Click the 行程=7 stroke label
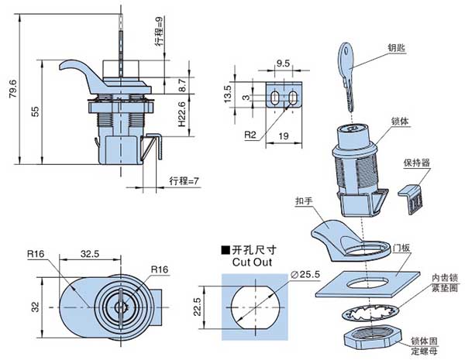(184, 181)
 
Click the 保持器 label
(415, 163)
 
